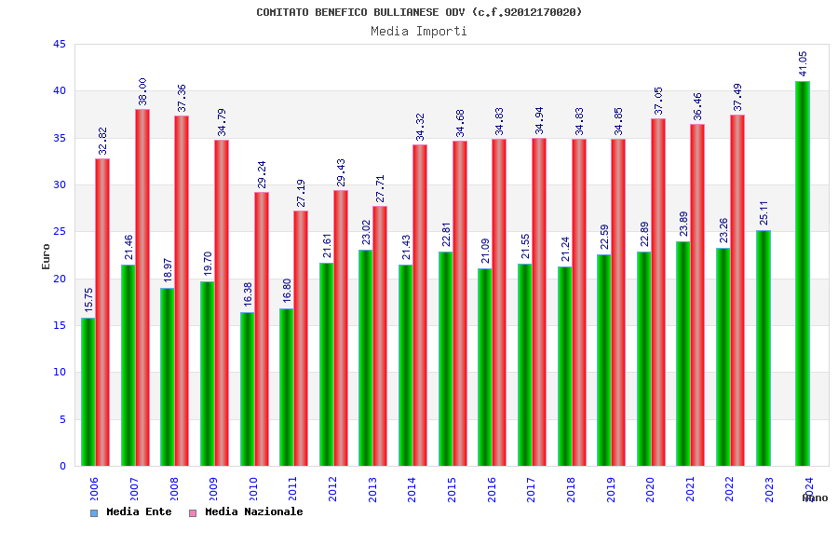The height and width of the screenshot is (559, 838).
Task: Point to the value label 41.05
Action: point(803,63)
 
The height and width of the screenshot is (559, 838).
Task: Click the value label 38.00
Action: point(142,91)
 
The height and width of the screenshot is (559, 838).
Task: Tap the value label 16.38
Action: point(248,294)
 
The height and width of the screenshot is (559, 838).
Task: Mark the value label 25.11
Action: point(764,212)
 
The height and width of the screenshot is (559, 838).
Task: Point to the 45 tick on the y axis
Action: point(60,44)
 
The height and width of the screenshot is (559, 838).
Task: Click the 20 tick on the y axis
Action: point(60,279)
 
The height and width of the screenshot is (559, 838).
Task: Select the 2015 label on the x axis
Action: point(452,489)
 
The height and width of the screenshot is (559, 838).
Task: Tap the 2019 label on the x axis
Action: point(611,489)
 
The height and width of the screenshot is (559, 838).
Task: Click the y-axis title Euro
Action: point(47,256)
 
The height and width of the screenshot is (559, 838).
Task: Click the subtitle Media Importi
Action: point(419,31)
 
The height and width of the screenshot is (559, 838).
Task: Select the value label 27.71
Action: point(380,189)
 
